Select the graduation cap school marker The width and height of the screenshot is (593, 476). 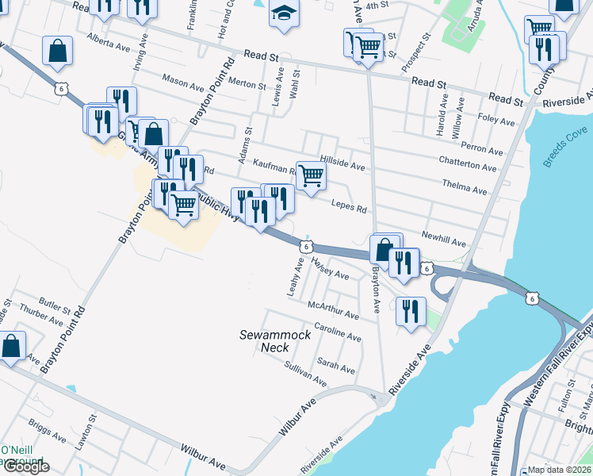pyautogui.click(x=283, y=13)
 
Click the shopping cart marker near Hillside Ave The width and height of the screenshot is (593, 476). pyautogui.click(x=312, y=175)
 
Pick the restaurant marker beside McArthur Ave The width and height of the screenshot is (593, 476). pyautogui.click(x=410, y=310)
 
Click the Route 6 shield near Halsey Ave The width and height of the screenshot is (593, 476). pyautogui.click(x=304, y=247)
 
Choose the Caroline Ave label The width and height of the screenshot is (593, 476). pyautogui.click(x=338, y=332)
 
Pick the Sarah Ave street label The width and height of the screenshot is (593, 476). pyautogui.click(x=336, y=365)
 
